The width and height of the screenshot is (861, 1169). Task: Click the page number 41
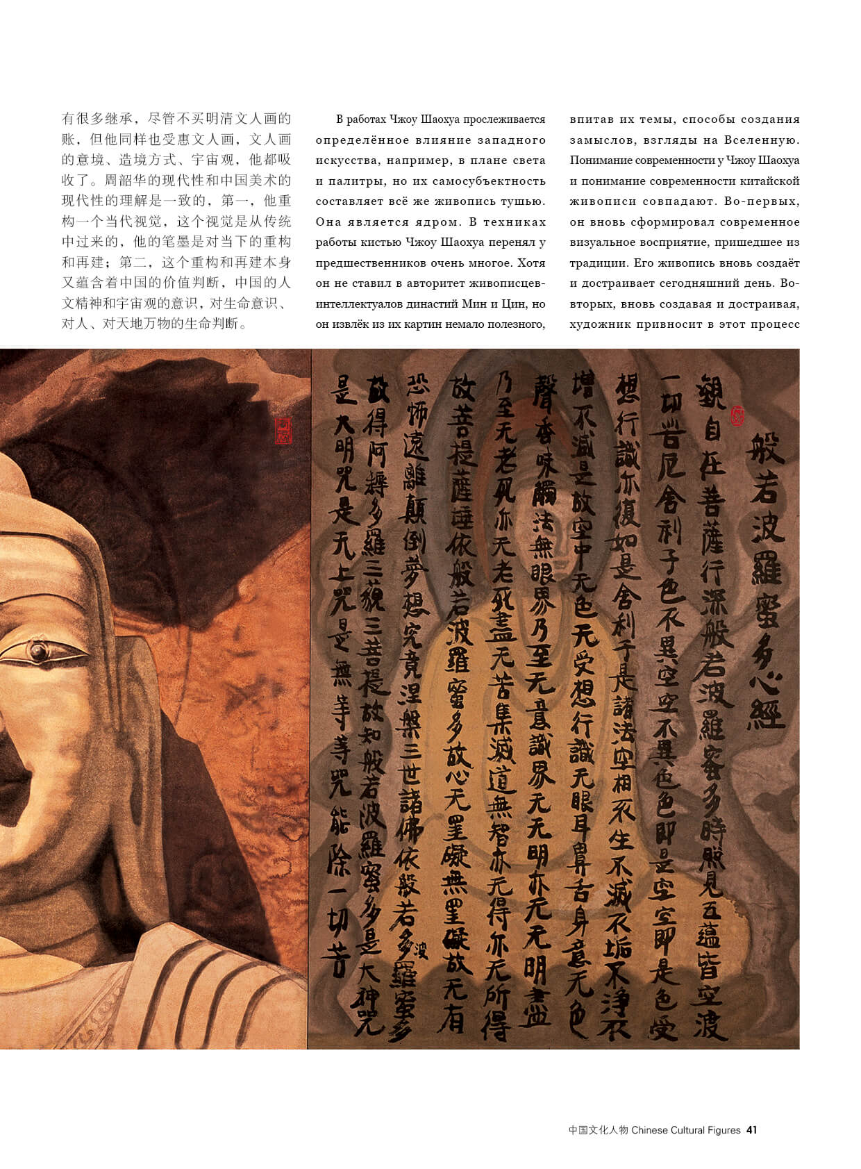point(751,1130)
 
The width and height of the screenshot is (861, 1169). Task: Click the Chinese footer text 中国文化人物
point(598,1130)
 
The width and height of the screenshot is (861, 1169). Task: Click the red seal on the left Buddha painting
point(283,431)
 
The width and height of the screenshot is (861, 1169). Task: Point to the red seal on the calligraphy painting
point(737,416)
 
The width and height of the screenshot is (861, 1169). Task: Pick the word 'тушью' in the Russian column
point(524,201)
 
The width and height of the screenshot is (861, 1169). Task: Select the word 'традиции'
point(594,263)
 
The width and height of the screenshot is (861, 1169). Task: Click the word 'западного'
point(510,140)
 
